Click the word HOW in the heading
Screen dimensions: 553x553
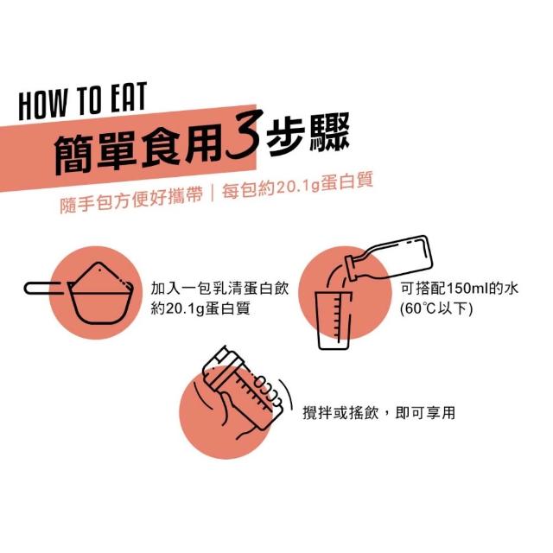43,105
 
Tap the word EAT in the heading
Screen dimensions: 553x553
129,97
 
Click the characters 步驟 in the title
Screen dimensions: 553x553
308,134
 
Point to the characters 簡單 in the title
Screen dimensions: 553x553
95,153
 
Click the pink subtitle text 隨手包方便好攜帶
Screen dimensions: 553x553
131,200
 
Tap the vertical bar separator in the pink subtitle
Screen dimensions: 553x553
213,194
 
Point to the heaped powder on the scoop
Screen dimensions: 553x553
100,278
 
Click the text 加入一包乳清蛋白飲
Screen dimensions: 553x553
219,289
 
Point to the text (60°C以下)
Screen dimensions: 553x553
436,309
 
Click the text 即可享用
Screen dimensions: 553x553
425,412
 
